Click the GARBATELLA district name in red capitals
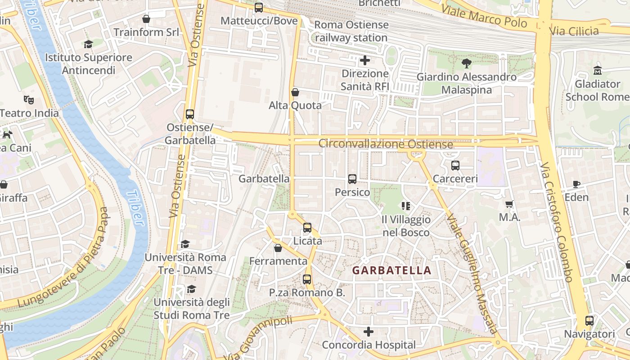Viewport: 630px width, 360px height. click(391, 270)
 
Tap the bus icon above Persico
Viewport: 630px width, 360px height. click(352, 179)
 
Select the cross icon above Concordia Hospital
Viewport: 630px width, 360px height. click(369, 332)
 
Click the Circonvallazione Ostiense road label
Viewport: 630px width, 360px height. click(385, 144)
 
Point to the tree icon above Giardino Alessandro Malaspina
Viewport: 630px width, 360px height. click(467, 63)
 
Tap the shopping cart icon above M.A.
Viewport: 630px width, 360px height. click(509, 204)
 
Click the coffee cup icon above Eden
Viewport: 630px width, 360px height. click(576, 184)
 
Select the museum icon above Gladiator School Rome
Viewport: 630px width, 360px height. click(598, 71)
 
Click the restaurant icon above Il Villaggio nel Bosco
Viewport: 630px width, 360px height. click(405, 206)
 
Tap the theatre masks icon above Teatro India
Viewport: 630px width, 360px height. click(29, 99)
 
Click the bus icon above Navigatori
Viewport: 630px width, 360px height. click(589, 321)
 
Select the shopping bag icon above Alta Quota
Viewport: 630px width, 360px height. click(295, 92)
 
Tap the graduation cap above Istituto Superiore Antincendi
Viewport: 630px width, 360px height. click(88, 44)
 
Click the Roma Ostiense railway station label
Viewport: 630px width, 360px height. click(351, 31)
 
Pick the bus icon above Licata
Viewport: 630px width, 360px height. click(307, 228)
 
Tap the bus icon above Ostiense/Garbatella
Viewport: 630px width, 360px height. click(190, 114)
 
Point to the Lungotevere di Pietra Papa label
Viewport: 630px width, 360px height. click(63, 259)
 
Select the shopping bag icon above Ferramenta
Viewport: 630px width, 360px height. click(278, 248)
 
